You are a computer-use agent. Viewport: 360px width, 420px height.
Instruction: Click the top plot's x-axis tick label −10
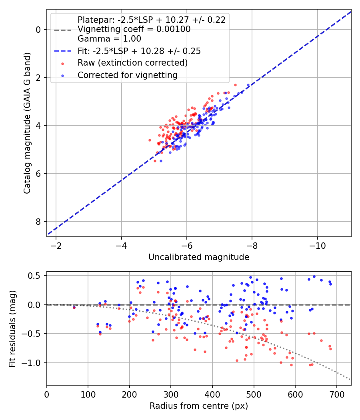[x=318, y=246]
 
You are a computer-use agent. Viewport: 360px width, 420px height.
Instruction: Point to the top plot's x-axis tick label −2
[x=56, y=246]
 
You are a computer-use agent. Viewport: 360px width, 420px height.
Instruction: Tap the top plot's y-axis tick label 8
[x=38, y=222]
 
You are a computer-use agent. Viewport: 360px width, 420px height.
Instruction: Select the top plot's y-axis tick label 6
[x=38, y=174]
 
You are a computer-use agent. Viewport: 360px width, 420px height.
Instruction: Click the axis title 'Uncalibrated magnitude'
[x=199, y=257]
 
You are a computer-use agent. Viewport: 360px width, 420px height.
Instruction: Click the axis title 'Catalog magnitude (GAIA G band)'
[x=27, y=123]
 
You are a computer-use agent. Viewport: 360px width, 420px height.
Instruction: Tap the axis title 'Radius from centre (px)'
[x=199, y=406]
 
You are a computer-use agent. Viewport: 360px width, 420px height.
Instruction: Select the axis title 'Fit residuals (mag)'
[x=12, y=329]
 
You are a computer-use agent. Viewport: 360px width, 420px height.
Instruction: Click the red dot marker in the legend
[x=63, y=64]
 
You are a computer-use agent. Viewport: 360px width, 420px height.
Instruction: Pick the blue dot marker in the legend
[x=63, y=76]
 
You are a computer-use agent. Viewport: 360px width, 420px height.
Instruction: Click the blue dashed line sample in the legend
[x=63, y=51]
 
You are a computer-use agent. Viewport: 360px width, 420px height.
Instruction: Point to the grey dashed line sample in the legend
[x=63, y=30]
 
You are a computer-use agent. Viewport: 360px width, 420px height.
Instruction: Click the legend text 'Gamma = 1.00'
[x=109, y=39]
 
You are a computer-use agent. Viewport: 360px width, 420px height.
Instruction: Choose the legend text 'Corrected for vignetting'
[x=128, y=75]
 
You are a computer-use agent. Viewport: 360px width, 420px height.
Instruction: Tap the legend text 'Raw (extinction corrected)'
[x=132, y=63]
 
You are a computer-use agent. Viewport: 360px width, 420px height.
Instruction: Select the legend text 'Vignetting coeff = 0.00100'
[x=134, y=29]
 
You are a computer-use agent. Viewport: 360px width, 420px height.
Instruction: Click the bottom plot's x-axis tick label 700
[x=336, y=394]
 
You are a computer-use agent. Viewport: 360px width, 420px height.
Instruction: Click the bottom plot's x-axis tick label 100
[x=88, y=394]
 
